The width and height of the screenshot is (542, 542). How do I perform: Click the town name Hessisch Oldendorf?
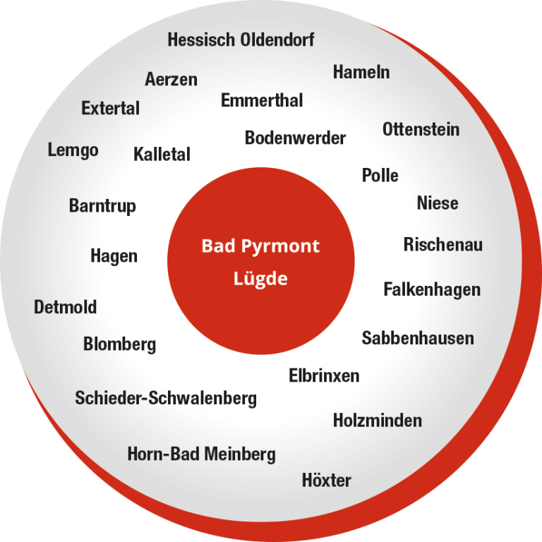241,40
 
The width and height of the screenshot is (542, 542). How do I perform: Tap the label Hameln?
361,72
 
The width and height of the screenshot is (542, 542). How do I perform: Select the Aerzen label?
171,79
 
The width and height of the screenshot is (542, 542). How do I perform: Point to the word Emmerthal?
262,100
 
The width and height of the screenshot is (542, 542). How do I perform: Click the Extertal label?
110,109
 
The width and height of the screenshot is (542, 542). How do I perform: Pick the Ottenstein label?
421,129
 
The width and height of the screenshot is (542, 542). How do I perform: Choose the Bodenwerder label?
295,138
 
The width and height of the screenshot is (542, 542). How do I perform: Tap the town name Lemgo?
73,150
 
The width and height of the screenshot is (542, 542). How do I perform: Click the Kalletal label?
162,154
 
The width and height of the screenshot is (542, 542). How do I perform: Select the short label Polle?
380,175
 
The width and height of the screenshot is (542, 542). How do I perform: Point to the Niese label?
438,203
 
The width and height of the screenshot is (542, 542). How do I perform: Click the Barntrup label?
102,206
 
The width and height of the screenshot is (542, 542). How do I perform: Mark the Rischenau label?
442,245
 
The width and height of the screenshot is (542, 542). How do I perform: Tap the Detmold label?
65,308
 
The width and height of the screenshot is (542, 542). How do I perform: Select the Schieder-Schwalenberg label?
166,398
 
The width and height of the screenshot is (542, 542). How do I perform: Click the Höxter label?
326,481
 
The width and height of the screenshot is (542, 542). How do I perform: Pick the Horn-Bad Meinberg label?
201,454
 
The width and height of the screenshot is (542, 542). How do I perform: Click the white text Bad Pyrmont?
260,246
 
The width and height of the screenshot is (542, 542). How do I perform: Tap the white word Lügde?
260,279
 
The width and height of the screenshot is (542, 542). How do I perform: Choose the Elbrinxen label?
324,375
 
